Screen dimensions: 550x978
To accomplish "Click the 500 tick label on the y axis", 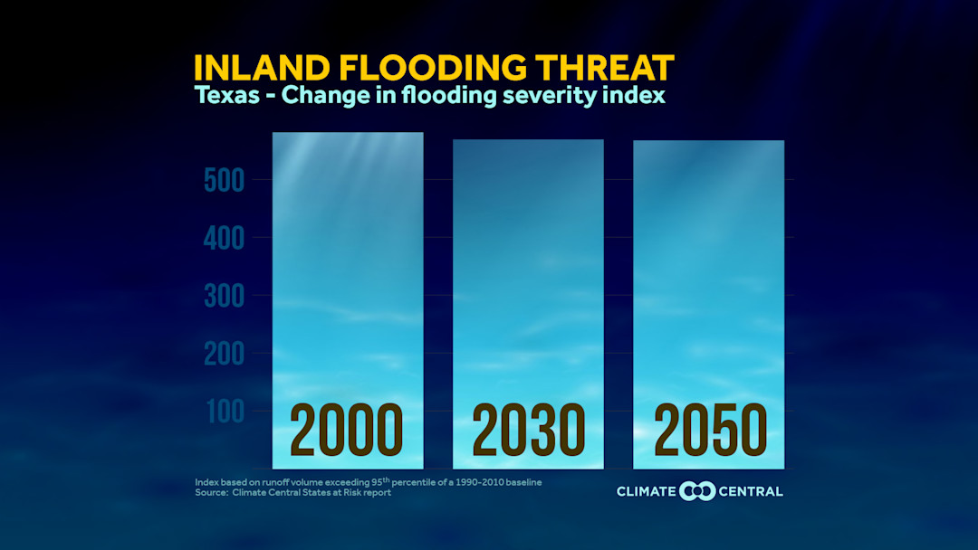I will click(x=223, y=181).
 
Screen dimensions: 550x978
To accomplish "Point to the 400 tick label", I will click(x=223, y=239).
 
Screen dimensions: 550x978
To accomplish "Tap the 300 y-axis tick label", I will click(x=223, y=297).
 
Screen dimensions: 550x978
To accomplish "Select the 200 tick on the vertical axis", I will click(x=223, y=354).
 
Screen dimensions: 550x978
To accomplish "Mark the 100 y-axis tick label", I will click(x=223, y=412).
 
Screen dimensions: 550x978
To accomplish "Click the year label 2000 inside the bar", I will click(x=347, y=431).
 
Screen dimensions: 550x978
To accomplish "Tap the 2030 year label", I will click(x=529, y=431).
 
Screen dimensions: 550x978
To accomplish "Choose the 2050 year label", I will click(x=710, y=431).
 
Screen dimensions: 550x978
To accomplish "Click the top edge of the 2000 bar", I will click(x=348, y=133).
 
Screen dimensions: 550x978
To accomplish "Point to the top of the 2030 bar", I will click(x=529, y=140).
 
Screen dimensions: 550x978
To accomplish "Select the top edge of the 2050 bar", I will click(x=709, y=141).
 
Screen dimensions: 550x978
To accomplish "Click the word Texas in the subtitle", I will click(x=226, y=96).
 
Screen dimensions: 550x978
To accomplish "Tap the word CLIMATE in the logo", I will click(x=647, y=491).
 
